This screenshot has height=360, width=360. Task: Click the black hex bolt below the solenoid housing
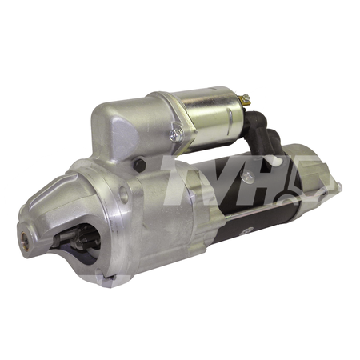pos(139,166)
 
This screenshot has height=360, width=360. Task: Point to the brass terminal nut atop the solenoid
pos(246,98)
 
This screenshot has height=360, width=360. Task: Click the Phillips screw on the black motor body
pos(247,175)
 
